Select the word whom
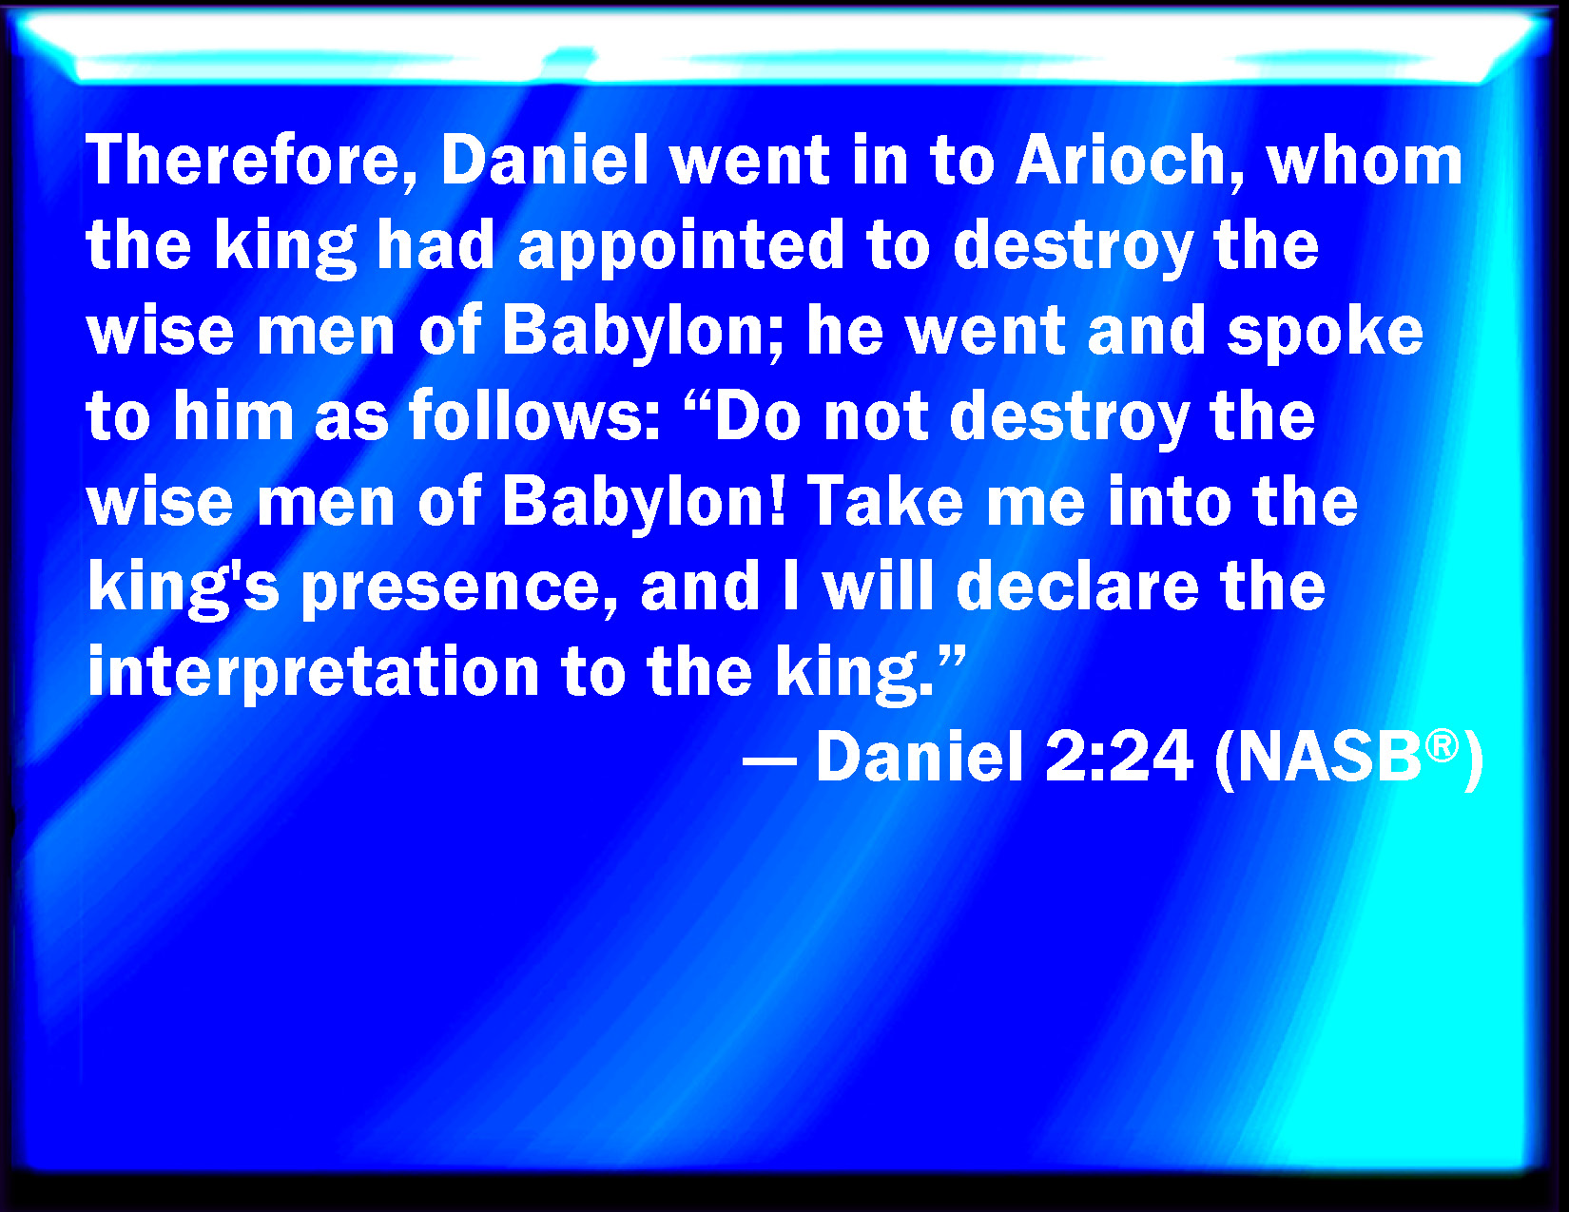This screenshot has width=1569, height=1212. pyautogui.click(x=1365, y=161)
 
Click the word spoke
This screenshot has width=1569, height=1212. pyautogui.click(x=1325, y=335)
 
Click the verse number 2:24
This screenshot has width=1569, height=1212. pyautogui.click(x=1117, y=757)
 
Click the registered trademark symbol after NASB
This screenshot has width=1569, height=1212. pyautogui.click(x=1442, y=746)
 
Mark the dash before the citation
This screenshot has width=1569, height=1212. pyautogui.click(x=769, y=760)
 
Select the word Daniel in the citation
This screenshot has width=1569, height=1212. pyautogui.click(x=920, y=757)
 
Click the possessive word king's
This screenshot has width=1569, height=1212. pyautogui.click(x=184, y=589)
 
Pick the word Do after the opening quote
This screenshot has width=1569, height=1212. pyautogui.click(x=758, y=416)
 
